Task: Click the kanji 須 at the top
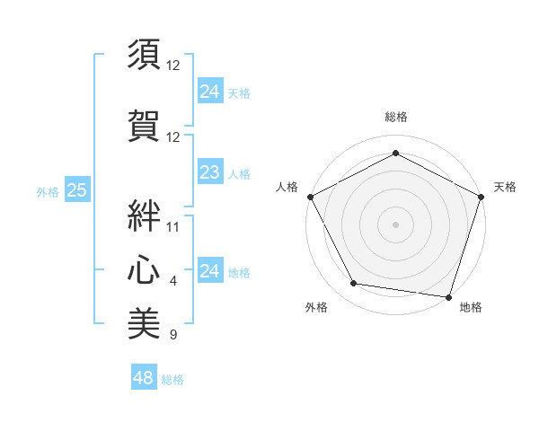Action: pyautogui.click(x=144, y=56)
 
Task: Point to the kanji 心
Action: pyautogui.click(x=144, y=267)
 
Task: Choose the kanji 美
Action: pyautogui.click(x=144, y=322)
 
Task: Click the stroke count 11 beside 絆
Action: pyautogui.click(x=173, y=226)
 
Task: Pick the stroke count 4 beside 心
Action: pyautogui.click(x=173, y=281)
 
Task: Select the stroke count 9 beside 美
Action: pyautogui.click(x=173, y=336)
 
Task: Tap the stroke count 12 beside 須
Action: pyautogui.click(x=173, y=66)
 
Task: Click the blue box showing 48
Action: pyautogui.click(x=144, y=378)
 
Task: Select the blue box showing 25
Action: pyautogui.click(x=76, y=190)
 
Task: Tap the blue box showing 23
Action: pyautogui.click(x=209, y=172)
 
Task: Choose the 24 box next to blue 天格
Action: pyautogui.click(x=209, y=92)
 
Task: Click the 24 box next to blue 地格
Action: pyautogui.click(x=209, y=271)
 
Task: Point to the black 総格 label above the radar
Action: pyautogui.click(x=395, y=117)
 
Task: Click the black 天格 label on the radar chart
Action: pyautogui.click(x=505, y=187)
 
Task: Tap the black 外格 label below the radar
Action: pyautogui.click(x=316, y=307)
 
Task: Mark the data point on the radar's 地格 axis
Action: pyautogui.click(x=449, y=296)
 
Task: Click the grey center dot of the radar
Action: pyautogui.click(x=395, y=224)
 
